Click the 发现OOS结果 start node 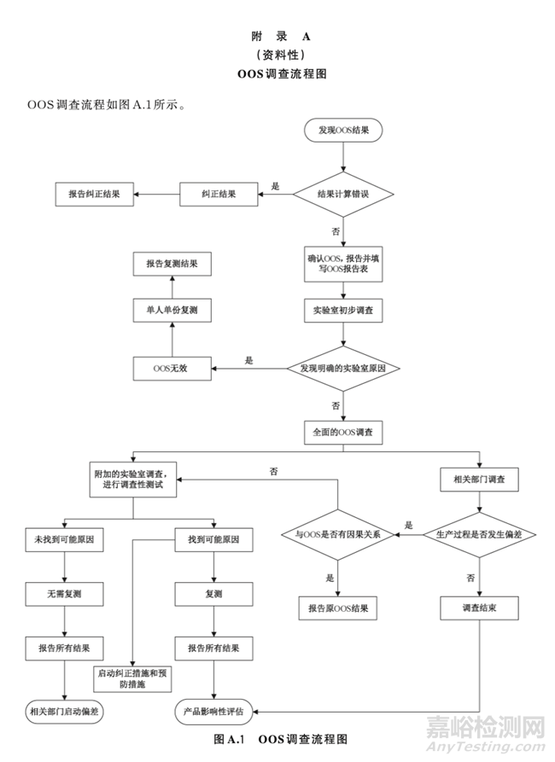pyautogui.click(x=343, y=130)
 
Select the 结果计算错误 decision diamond pyautogui.click(x=343, y=194)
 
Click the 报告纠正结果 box pyautogui.click(x=94, y=194)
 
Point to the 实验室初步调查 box pyautogui.click(x=343, y=310)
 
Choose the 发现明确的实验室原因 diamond pyautogui.click(x=343, y=369)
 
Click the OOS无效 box pyautogui.click(x=172, y=369)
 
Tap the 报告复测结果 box pyautogui.click(x=172, y=265)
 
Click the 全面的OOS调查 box pyautogui.click(x=343, y=432)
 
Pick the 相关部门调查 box pyautogui.click(x=477, y=480)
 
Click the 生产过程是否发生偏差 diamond pyautogui.click(x=478, y=535)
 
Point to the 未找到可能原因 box pyautogui.click(x=65, y=541)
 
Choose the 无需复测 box pyautogui.click(x=65, y=593)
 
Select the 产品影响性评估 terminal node pyautogui.click(x=214, y=711)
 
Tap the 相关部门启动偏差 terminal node pyautogui.click(x=65, y=711)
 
